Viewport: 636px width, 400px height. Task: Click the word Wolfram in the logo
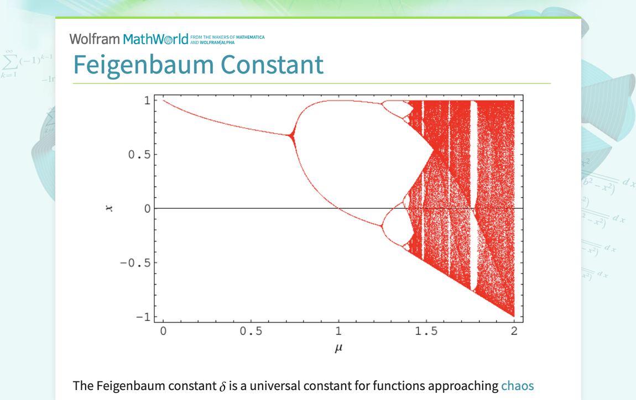point(95,39)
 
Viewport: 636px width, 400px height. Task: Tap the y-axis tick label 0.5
point(139,155)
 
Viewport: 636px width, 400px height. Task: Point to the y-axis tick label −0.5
point(135,262)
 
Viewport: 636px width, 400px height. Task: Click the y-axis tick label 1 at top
point(147,101)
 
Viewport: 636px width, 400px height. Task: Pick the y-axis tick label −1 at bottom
point(143,317)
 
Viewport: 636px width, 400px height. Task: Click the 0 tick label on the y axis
point(147,209)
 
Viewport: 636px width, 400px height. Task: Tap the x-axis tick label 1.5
point(426,331)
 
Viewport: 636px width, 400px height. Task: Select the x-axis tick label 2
point(514,331)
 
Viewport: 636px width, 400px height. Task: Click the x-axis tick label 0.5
point(251,331)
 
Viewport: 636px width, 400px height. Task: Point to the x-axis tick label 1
point(338,331)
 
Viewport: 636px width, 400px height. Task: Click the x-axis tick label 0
point(163,331)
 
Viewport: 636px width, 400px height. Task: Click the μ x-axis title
point(338,348)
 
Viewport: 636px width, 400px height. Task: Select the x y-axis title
point(109,209)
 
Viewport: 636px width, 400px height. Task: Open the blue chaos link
point(517,386)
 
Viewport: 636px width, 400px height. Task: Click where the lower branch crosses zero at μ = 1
point(338,208)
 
